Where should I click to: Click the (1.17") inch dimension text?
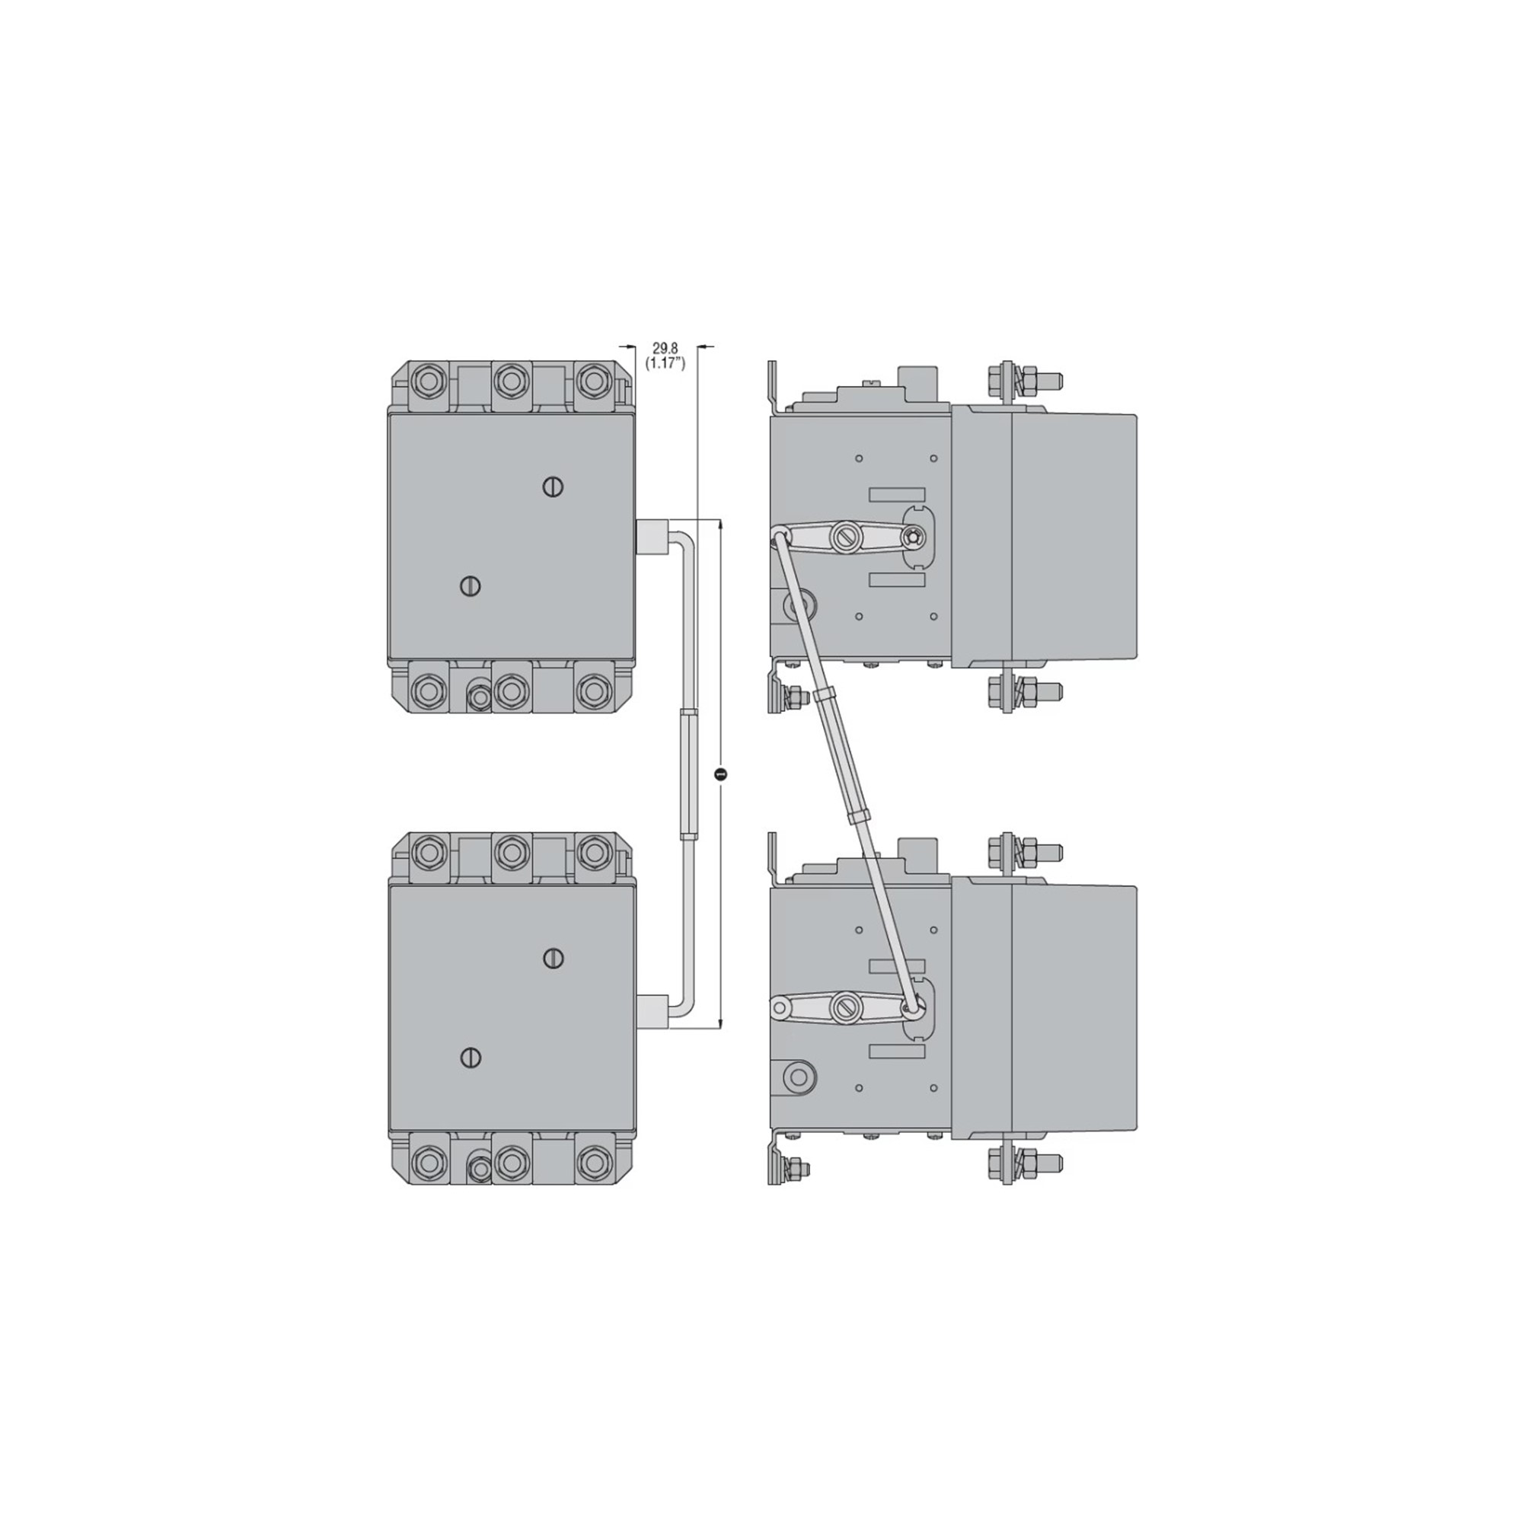click(x=665, y=363)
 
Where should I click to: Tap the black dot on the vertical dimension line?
click(x=720, y=774)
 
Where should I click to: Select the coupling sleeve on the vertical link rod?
click(x=688, y=774)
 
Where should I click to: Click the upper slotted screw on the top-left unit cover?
click(x=554, y=487)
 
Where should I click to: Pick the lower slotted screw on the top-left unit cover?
click(x=470, y=586)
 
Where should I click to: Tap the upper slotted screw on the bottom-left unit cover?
click(x=554, y=958)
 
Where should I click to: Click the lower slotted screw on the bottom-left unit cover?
click(x=470, y=1058)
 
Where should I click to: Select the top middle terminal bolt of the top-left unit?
click(x=512, y=382)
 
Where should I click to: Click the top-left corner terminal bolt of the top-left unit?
click(x=428, y=382)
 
